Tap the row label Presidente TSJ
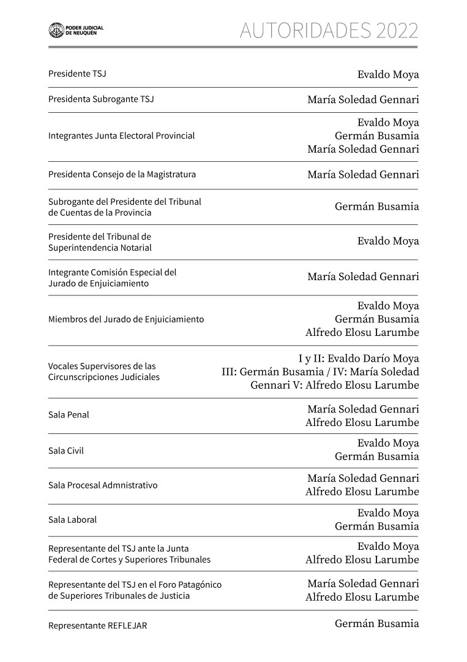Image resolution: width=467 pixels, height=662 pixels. click(77, 74)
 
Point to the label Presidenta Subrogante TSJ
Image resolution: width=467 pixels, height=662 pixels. click(101, 99)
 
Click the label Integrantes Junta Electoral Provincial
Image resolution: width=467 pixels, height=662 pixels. click(121, 135)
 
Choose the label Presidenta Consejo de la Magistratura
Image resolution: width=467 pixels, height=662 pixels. click(122, 175)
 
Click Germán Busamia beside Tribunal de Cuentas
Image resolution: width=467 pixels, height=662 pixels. click(376, 207)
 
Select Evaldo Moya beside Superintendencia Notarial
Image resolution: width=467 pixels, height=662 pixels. click(388, 242)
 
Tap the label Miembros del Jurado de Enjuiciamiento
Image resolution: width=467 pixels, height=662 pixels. click(126, 319)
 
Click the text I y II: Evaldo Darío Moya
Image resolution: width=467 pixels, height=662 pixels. click(359, 359)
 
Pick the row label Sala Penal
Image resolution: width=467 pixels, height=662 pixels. click(69, 415)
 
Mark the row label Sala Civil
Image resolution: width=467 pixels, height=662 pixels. click(66, 451)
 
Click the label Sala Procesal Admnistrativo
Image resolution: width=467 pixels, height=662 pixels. click(103, 485)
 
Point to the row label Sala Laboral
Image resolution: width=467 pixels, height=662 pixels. click(72, 520)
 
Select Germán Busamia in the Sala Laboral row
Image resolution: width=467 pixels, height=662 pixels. click(376, 527)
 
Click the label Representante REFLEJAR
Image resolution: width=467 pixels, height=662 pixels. click(98, 626)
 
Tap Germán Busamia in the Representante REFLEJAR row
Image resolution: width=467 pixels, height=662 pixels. click(376, 624)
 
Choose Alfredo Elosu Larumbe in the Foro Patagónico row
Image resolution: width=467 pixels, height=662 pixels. click(362, 597)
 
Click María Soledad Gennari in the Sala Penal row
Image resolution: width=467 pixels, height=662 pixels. click(363, 409)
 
